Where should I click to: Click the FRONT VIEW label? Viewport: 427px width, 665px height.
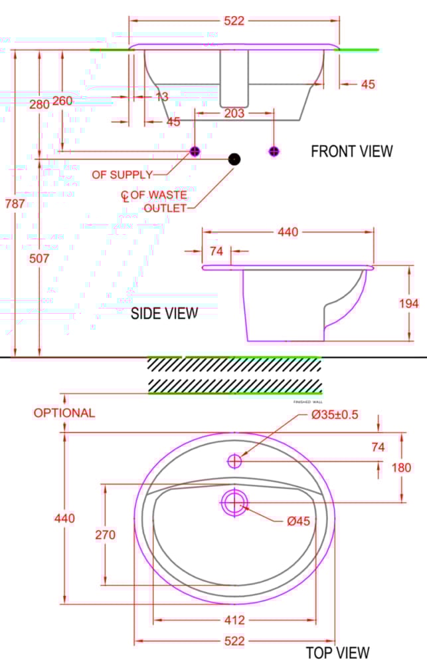pos(351,152)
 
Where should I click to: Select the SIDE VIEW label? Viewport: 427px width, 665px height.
pos(164,313)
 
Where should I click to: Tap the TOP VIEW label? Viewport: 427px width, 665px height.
pos(337,652)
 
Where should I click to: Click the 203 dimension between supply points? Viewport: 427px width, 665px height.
pos(234,114)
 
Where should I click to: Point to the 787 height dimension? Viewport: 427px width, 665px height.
pos(14,204)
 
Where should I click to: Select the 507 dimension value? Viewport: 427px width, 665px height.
pos(39,259)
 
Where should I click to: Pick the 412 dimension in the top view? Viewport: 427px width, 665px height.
pos(234,620)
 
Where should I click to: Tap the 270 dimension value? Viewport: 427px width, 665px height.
pos(105,535)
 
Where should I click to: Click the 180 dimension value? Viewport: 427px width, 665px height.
pos(401,467)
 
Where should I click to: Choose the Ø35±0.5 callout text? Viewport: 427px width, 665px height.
pos(335,415)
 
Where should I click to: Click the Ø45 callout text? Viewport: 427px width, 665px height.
pos(298,522)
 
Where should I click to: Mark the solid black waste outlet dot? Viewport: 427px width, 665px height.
pos(234,159)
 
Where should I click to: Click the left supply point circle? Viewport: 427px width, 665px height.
pos(195,151)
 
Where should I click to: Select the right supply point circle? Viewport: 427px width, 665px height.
pos(274,151)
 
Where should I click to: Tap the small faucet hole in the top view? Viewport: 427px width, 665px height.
pos(235,460)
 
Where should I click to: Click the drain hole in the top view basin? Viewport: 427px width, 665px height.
pos(234,502)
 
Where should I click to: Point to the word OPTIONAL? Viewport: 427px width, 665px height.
pos(64,413)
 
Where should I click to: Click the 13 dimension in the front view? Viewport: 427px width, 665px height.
pos(161,97)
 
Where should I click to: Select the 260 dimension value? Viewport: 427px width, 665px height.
pos(62,101)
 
